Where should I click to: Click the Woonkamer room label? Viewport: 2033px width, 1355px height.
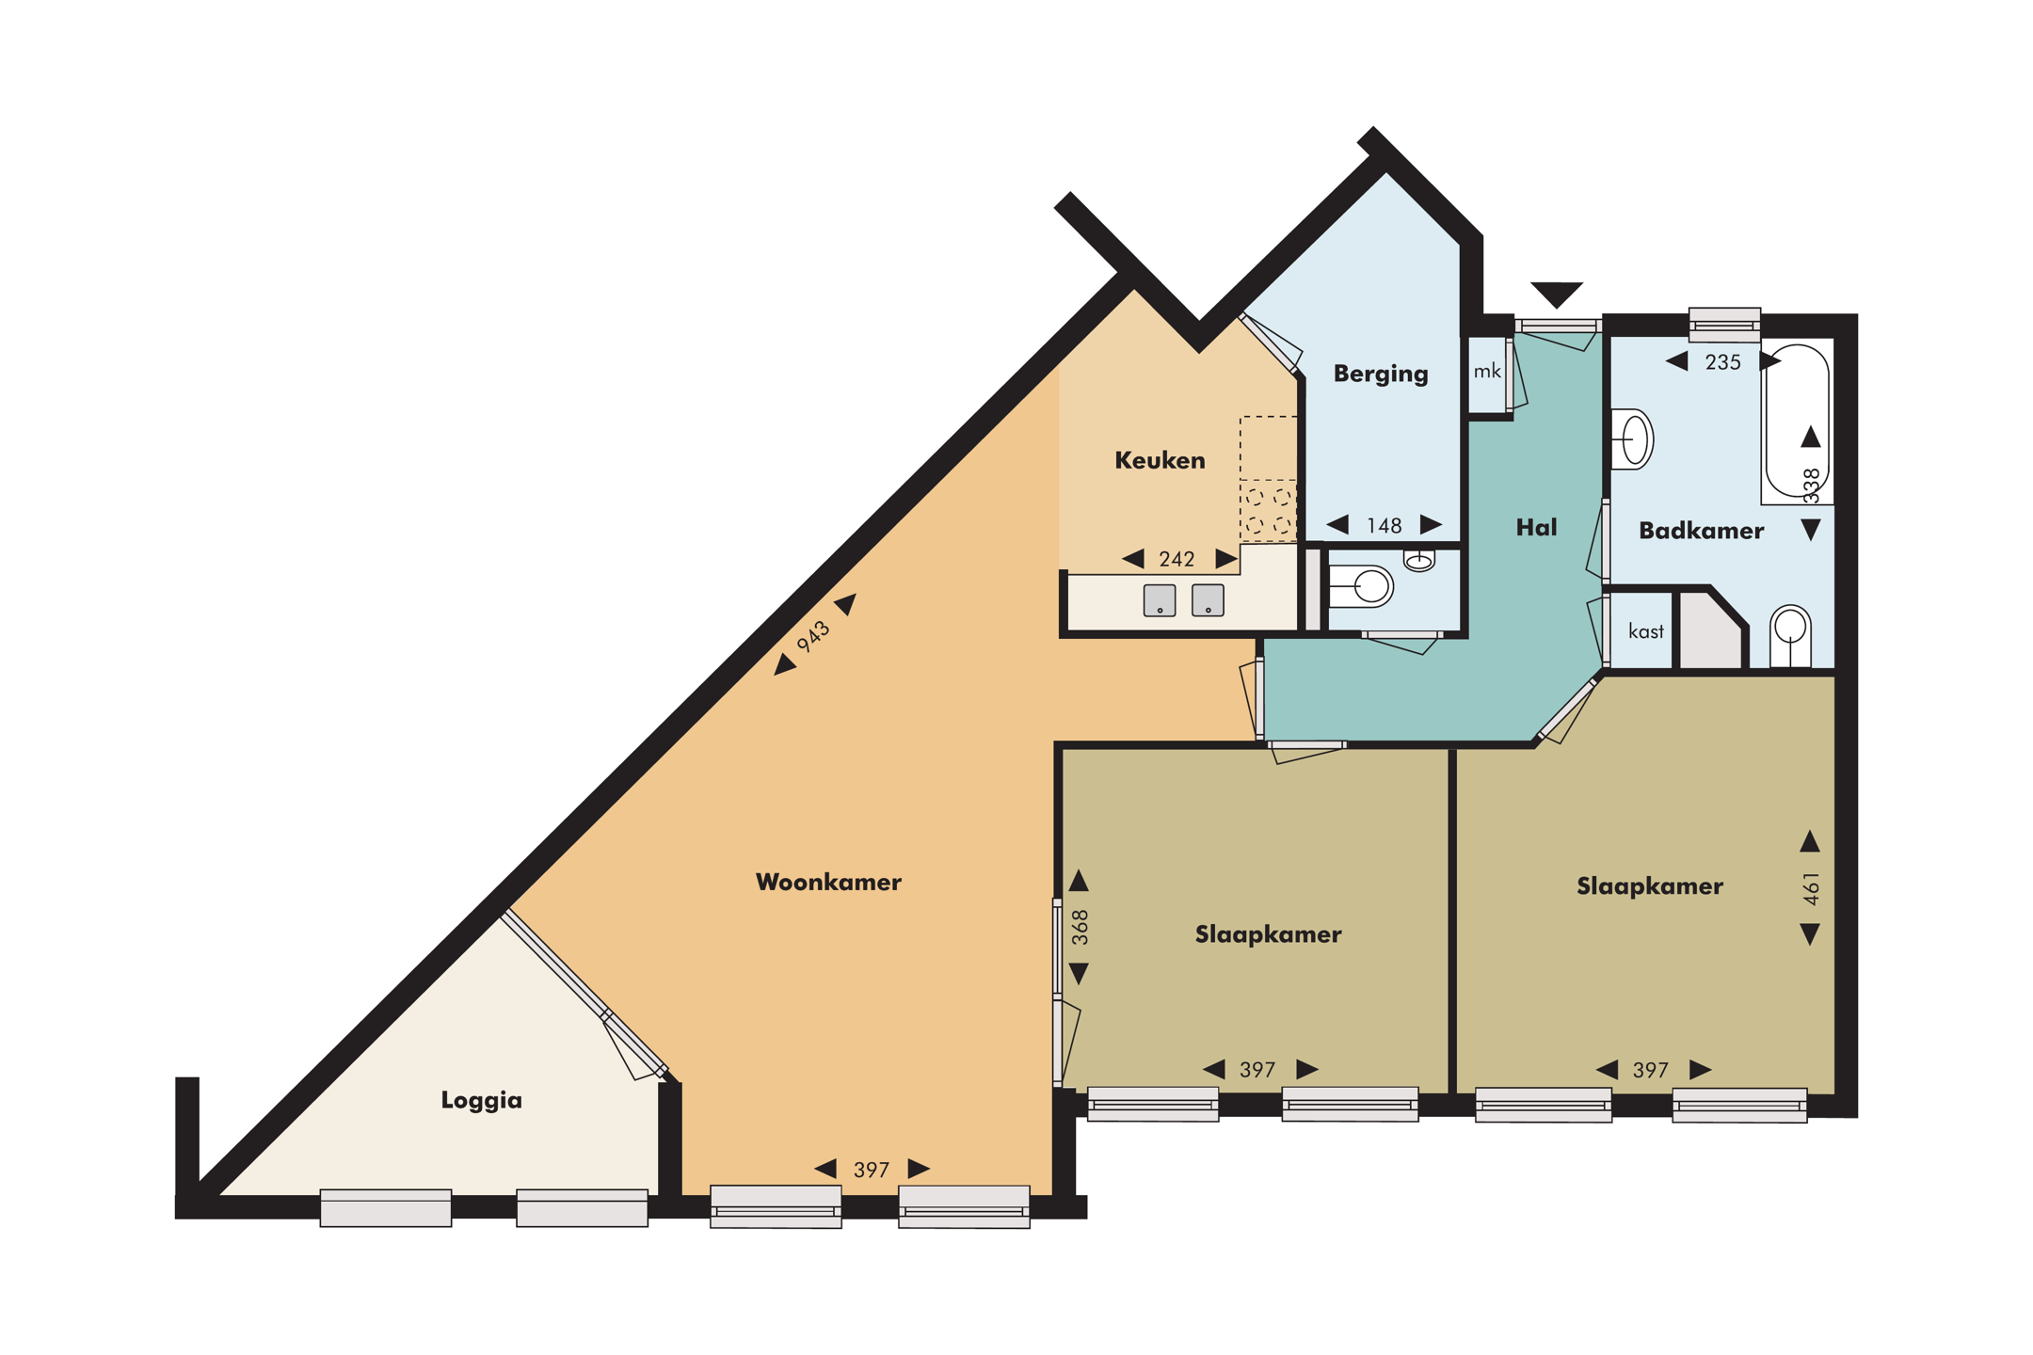click(x=828, y=882)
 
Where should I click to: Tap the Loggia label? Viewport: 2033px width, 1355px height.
click(x=481, y=1100)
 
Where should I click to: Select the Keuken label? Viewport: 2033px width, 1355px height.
click(x=1160, y=460)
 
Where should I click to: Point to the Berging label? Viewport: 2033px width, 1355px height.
click(x=1381, y=374)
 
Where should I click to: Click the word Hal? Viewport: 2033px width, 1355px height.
click(x=1536, y=528)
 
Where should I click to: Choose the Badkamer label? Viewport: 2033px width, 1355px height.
click(x=1701, y=531)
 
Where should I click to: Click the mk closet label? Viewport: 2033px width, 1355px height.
click(x=1487, y=372)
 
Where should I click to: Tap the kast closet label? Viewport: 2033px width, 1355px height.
click(x=1645, y=631)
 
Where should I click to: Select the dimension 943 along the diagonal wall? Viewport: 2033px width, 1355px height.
click(x=813, y=636)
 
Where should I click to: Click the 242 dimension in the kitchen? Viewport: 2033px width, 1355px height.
click(x=1177, y=560)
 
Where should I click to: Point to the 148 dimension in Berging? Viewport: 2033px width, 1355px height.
click(x=1384, y=526)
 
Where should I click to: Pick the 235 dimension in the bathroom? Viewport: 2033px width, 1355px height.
click(x=1722, y=362)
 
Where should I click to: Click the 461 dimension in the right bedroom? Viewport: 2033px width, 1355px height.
click(x=1811, y=888)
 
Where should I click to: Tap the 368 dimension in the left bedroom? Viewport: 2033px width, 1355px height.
click(x=1080, y=927)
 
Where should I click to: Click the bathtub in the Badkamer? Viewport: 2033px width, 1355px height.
click(x=1796, y=423)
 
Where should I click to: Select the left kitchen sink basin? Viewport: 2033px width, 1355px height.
click(x=1160, y=600)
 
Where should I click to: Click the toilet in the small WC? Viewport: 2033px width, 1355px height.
click(x=1362, y=587)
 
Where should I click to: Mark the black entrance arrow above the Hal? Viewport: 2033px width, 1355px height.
click(x=1556, y=293)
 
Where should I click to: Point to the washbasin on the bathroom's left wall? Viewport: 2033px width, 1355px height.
click(x=1633, y=439)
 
